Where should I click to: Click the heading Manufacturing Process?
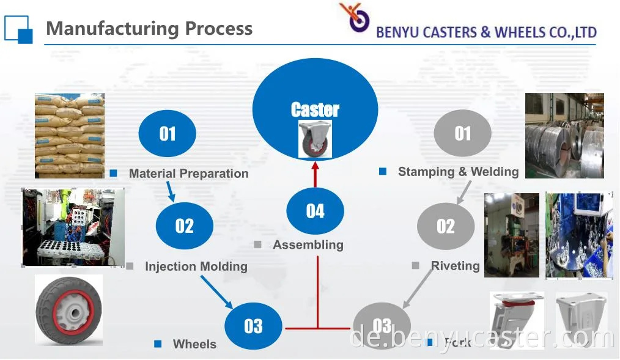click(x=149, y=29)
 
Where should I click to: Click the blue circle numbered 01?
click(x=168, y=134)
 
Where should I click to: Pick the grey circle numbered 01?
click(x=463, y=134)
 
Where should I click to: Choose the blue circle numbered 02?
click(x=185, y=226)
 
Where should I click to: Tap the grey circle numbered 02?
click(x=446, y=226)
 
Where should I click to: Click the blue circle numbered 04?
click(x=316, y=211)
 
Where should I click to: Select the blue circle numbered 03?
click(x=253, y=326)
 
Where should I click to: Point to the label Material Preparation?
click(x=188, y=174)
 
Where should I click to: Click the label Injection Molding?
click(x=196, y=266)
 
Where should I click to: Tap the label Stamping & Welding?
click(x=458, y=172)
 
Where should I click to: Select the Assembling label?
click(x=308, y=245)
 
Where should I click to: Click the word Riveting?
click(x=455, y=266)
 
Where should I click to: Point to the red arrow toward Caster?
click(x=316, y=174)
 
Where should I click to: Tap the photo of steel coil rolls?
click(x=564, y=135)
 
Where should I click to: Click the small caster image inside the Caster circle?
click(x=315, y=139)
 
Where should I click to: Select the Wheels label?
click(x=194, y=344)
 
